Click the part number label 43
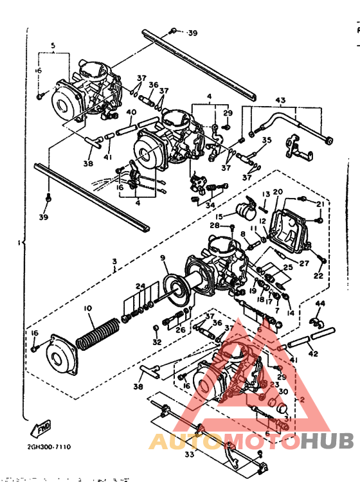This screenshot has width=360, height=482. tap(280, 100)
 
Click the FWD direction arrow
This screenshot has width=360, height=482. tap(41, 425)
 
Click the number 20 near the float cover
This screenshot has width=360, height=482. tap(278, 192)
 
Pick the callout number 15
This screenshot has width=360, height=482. tap(219, 217)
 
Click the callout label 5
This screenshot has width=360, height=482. tap(54, 46)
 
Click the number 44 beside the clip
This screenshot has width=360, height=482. tap(320, 303)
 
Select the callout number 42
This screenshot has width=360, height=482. tap(312, 353)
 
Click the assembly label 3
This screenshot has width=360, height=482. tap(114, 262)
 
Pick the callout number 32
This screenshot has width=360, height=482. tap(157, 343)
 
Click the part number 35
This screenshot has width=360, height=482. tap(267, 139)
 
